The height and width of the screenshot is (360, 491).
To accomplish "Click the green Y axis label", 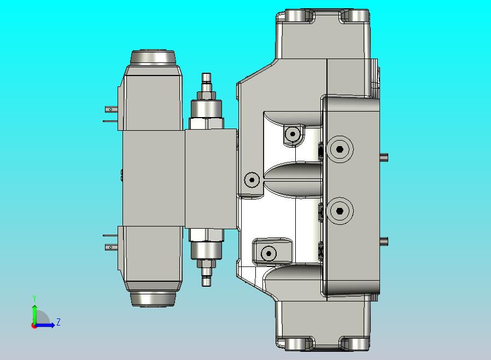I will point(34,299).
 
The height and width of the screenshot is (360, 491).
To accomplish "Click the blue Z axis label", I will point(58,322).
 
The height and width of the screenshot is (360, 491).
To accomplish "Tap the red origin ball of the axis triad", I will point(34,326).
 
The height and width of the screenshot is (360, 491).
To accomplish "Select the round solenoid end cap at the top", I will point(153,57).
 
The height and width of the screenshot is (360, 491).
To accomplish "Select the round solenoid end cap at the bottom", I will point(153,298).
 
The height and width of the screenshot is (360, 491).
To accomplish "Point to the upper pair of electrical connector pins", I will point(110,115).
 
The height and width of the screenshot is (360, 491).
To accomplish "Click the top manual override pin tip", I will point(206,78).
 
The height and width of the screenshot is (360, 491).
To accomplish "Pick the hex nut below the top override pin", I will point(206,95).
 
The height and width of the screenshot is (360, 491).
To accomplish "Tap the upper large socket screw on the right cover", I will point(340,149).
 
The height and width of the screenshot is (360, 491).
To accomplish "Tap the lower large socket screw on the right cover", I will point(340,211).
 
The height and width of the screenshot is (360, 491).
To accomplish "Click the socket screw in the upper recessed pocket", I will point(293,133).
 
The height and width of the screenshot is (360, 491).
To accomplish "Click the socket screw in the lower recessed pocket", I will point(268,253).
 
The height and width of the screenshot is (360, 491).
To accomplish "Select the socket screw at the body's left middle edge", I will point(252,179).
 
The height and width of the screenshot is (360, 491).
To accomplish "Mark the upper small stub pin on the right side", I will point(385,158).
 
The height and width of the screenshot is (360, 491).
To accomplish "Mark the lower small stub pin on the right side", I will point(385,241).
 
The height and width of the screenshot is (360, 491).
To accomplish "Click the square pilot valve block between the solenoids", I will point(211,178).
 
